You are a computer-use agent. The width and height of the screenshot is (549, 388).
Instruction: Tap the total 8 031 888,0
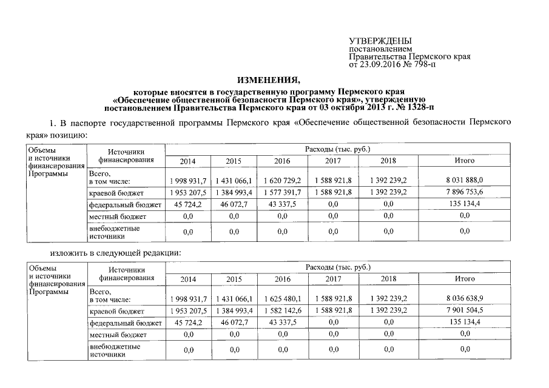(465, 181)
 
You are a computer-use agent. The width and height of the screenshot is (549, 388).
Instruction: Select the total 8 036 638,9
(465, 299)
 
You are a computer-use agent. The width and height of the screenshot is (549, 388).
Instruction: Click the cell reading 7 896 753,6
(465, 193)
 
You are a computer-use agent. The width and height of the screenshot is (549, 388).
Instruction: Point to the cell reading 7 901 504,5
(465, 311)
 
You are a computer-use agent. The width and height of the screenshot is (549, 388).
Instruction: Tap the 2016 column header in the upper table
(283, 161)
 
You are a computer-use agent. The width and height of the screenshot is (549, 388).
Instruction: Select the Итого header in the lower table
(465, 279)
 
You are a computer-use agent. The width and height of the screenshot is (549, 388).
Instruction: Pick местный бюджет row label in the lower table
(118, 335)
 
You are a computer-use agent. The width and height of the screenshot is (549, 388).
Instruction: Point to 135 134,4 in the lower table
(465, 322)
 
